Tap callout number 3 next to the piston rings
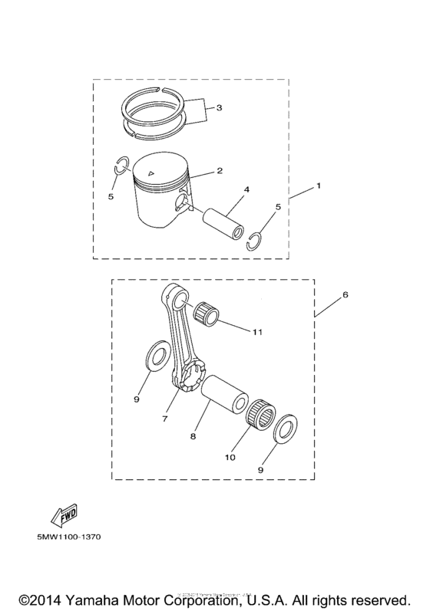click(x=219, y=108)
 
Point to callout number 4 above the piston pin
click(x=246, y=189)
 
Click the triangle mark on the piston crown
click(x=154, y=175)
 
